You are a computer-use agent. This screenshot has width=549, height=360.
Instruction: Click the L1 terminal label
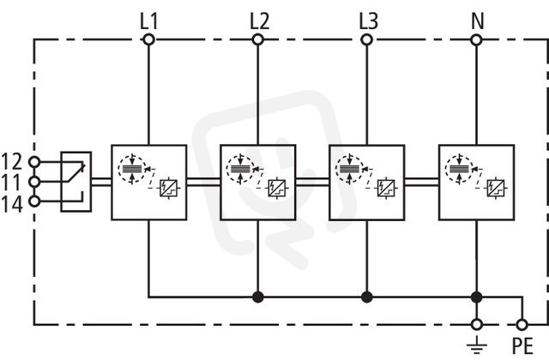point(148,21)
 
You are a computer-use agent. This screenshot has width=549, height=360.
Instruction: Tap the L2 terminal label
point(259,21)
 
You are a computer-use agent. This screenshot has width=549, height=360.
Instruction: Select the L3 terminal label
point(369,21)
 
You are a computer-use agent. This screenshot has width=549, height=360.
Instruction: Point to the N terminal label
point(478,21)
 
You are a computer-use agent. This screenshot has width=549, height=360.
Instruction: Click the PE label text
point(522,345)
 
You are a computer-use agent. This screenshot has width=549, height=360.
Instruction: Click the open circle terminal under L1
point(148,39)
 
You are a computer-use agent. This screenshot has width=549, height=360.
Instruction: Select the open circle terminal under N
point(476,40)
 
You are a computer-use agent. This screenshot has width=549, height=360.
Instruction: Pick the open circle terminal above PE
point(522,325)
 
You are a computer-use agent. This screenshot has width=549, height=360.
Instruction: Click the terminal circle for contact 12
point(34,162)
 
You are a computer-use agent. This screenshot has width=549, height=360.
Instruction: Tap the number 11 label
point(11,183)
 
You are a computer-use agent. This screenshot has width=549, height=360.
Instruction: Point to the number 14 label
point(12,204)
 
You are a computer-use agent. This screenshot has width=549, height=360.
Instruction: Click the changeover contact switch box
point(76,182)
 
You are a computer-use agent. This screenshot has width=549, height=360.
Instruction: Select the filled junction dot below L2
point(258,297)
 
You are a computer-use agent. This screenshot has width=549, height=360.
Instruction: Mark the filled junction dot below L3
point(367,297)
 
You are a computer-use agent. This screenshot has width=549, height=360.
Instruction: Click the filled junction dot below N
point(476,297)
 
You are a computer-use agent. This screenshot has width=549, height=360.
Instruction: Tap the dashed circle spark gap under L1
point(131,169)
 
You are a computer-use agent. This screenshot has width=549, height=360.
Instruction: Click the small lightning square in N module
point(496,189)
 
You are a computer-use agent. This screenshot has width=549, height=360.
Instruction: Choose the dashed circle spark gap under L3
point(349,169)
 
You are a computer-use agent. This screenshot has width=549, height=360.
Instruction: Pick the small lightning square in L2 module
point(277,189)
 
